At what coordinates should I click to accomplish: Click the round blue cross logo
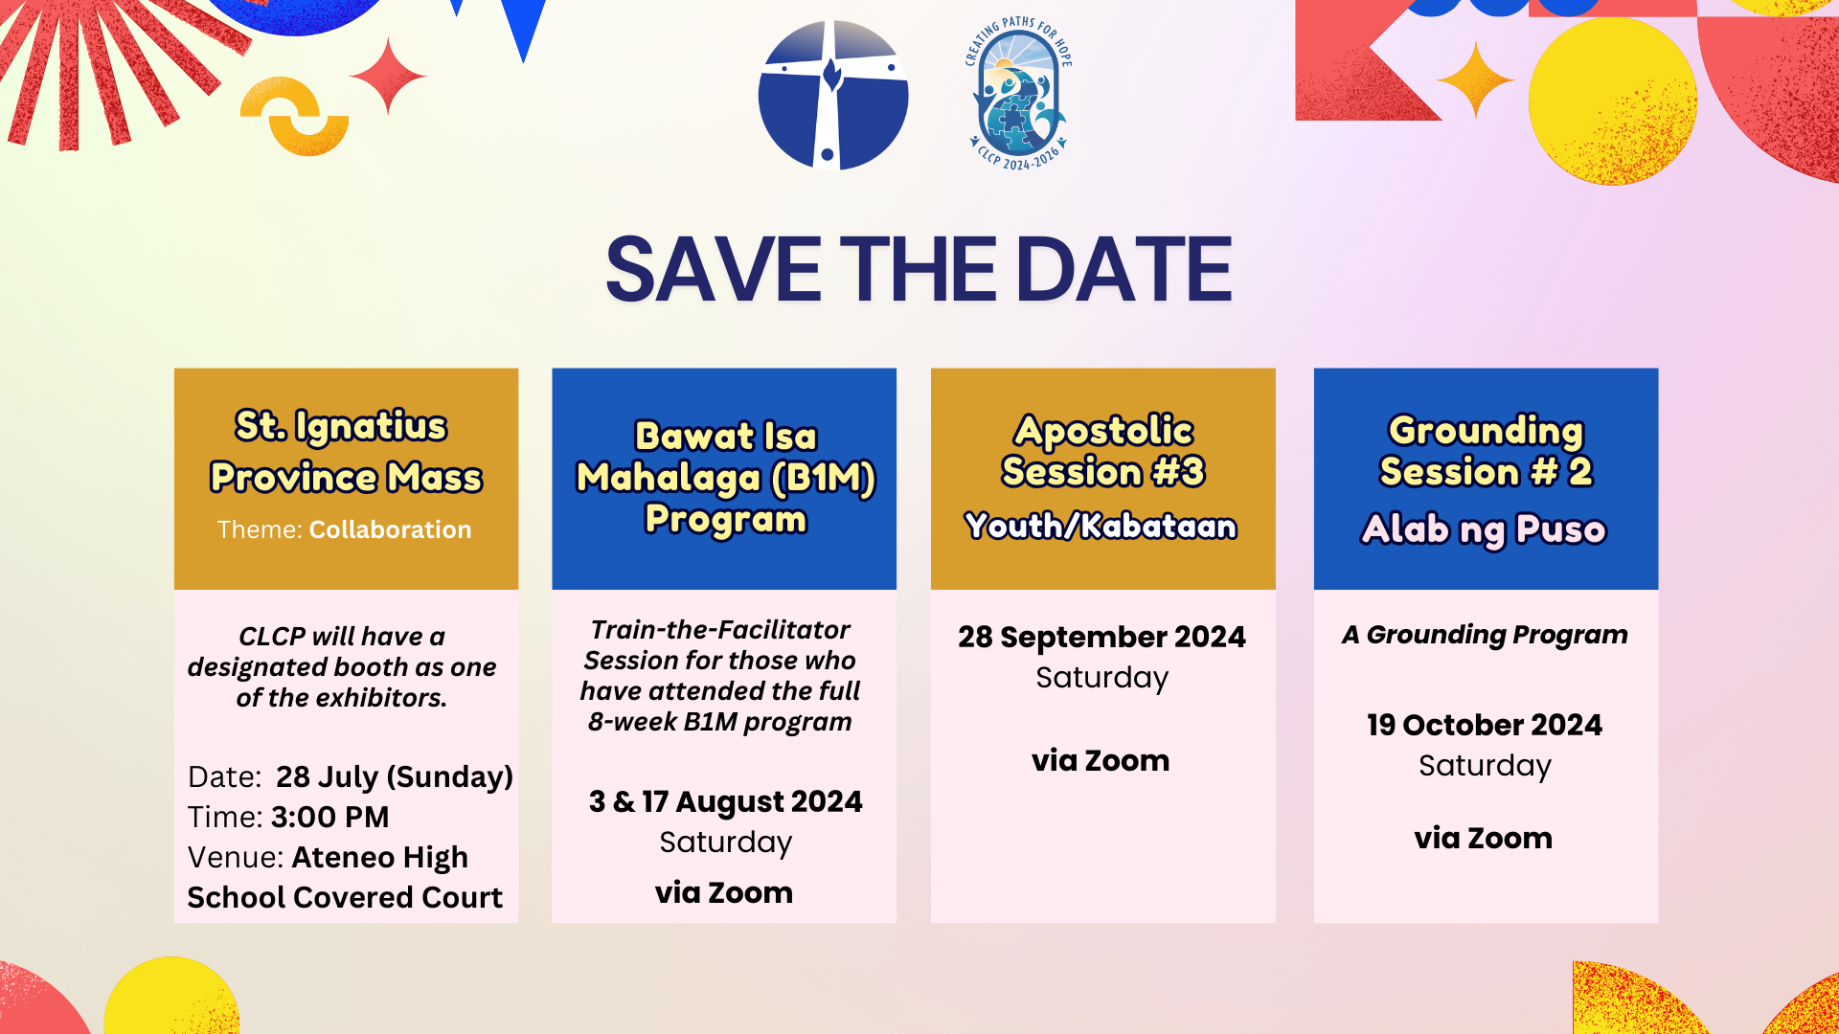[x=833, y=95]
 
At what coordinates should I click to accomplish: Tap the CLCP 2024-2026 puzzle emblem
[x=1018, y=94]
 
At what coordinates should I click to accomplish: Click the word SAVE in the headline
[x=714, y=270]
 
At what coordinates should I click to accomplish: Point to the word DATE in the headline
[x=1124, y=270]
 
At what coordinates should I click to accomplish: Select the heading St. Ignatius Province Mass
[x=346, y=451]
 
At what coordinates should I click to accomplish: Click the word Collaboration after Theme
[x=390, y=529]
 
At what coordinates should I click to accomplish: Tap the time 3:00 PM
[x=330, y=817]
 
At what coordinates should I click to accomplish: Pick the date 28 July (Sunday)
[x=395, y=776]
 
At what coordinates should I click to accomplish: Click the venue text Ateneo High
[x=380, y=857]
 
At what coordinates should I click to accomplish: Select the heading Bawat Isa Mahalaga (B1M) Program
[x=725, y=477]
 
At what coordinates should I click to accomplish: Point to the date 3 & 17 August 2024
[x=725, y=801]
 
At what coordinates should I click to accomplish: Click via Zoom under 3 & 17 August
[x=724, y=892]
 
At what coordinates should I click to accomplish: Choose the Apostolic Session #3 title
[x=1103, y=451]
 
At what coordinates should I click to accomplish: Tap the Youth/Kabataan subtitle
[x=1101, y=526]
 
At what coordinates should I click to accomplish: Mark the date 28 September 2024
[x=1102, y=637]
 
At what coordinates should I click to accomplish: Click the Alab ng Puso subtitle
[x=1484, y=529]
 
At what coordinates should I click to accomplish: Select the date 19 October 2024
[x=1485, y=725]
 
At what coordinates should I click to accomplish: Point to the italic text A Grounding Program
[x=1485, y=635]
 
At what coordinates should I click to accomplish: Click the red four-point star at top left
[x=388, y=76]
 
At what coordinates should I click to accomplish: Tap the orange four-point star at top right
[x=1476, y=80]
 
